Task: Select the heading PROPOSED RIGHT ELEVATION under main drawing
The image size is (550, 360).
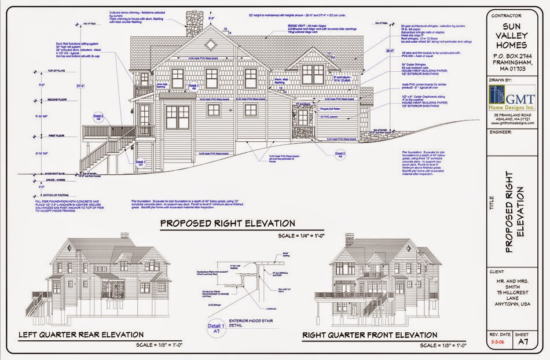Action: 228,223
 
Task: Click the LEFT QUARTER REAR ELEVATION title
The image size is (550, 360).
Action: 81,335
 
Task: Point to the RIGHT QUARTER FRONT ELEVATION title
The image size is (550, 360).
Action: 370,335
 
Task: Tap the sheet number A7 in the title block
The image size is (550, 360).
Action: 523,342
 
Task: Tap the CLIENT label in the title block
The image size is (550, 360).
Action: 497,271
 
